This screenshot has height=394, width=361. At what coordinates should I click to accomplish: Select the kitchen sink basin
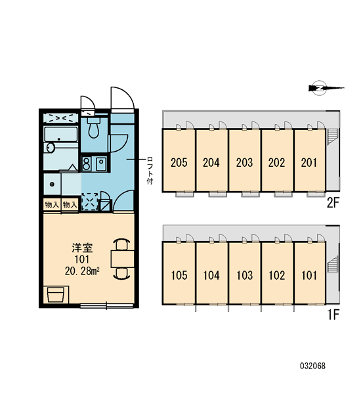[101, 164]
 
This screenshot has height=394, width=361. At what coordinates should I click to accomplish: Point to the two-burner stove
[86, 164]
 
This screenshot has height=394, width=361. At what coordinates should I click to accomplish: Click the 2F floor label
[333, 202]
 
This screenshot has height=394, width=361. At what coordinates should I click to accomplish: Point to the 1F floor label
[333, 315]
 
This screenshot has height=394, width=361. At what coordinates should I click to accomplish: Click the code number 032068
[312, 366]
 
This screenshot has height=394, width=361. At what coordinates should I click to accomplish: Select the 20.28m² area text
[82, 271]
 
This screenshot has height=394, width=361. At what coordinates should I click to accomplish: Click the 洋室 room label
[82, 248]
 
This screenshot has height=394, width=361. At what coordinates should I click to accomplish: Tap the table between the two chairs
[123, 259]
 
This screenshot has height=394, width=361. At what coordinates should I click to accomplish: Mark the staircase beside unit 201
[333, 137]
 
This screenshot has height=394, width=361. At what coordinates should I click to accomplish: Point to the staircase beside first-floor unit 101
[333, 263]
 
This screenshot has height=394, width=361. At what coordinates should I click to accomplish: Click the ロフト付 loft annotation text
[150, 171]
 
